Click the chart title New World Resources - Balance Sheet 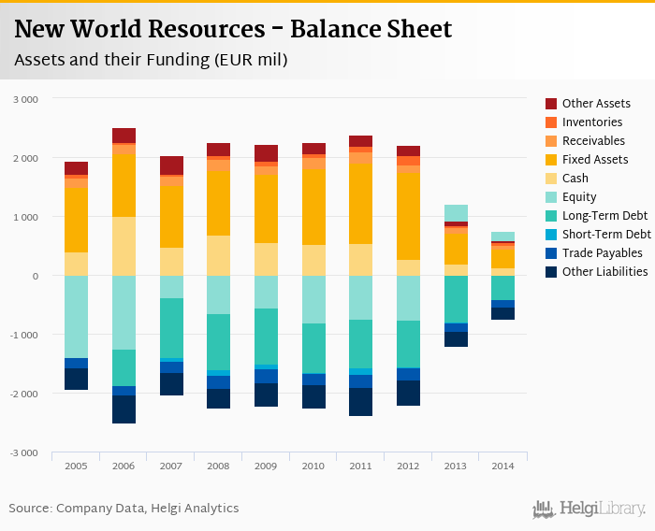click(233, 30)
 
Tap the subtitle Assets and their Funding click(150, 60)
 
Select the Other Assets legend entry click(595, 104)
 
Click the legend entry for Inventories click(591, 122)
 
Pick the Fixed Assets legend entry click(594, 160)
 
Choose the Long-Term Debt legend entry click(604, 216)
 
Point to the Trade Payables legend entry click(602, 253)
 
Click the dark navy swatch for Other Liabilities click(551, 272)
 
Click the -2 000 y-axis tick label click(24, 394)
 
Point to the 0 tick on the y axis click(35, 276)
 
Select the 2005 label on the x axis click(76, 465)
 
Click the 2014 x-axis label click(502, 465)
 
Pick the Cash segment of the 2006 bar click(124, 246)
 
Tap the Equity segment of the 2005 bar click(76, 317)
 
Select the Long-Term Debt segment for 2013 click(456, 299)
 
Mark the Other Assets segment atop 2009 click(266, 153)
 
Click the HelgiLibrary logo click(589, 509)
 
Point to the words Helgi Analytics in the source click(196, 509)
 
